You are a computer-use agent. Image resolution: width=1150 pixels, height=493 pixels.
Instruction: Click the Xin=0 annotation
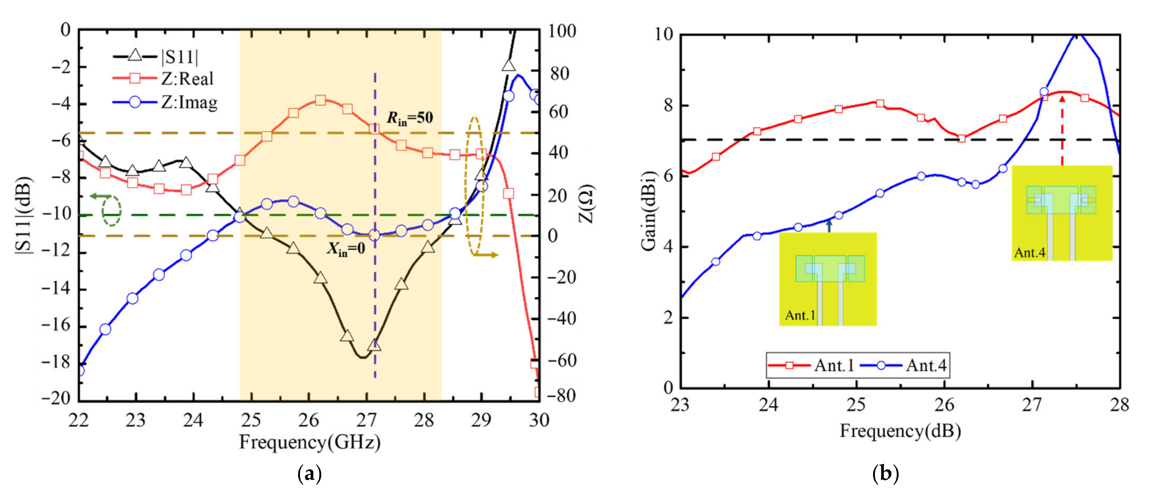point(346,249)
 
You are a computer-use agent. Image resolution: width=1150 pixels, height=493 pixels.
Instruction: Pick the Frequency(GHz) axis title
point(310,442)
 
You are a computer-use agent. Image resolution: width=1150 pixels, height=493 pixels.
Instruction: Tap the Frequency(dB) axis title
point(900,431)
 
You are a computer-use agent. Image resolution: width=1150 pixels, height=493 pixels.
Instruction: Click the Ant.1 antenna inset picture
point(828,279)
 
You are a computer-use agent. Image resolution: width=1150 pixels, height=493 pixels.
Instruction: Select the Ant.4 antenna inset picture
point(1061,213)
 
